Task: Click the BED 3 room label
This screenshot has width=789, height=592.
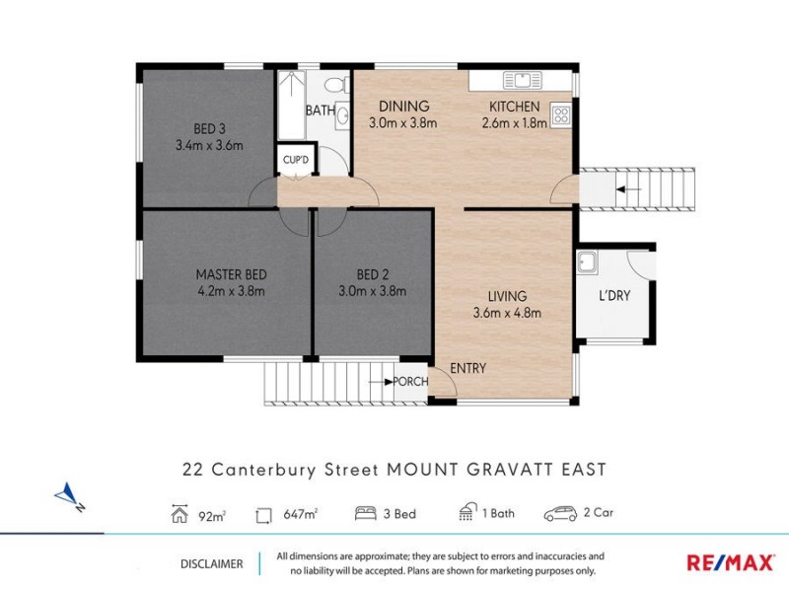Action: pyautogui.click(x=208, y=126)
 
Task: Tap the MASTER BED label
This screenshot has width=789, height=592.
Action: pyautogui.click(x=231, y=274)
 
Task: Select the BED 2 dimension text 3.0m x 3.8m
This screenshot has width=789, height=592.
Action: pyautogui.click(x=372, y=291)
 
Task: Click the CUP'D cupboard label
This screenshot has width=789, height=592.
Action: pyautogui.click(x=295, y=159)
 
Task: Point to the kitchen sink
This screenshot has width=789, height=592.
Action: pyautogui.click(x=518, y=80)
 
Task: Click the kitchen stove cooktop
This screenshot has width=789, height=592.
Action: pyautogui.click(x=561, y=115)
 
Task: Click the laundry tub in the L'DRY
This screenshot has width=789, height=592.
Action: pyautogui.click(x=587, y=262)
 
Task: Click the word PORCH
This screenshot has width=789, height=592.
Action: pyautogui.click(x=409, y=382)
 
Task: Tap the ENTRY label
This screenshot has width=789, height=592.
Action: pyautogui.click(x=467, y=368)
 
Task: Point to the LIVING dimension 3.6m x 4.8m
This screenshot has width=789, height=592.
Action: pyautogui.click(x=507, y=313)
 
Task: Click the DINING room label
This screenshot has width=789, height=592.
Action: pyautogui.click(x=402, y=107)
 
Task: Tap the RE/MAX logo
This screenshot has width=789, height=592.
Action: pyautogui.click(x=730, y=562)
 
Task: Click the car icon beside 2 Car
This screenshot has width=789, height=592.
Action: pyautogui.click(x=560, y=514)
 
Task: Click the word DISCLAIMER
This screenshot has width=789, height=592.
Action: pyautogui.click(x=211, y=563)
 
